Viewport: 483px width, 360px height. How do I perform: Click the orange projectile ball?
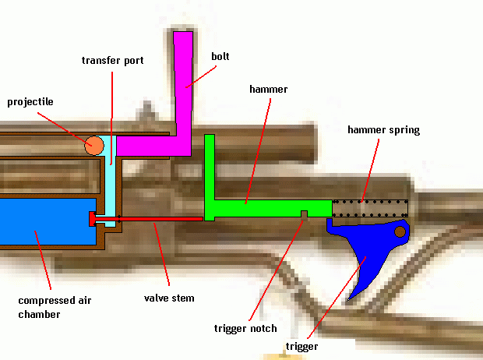pos(94,145)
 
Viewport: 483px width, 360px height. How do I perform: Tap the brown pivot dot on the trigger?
pos(400,231)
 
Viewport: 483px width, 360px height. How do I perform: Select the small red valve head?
pos(93,219)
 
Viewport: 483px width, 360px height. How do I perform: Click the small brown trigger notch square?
pos(305,214)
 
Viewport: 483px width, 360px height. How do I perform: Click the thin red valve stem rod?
pos(156,219)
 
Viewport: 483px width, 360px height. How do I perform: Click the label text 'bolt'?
pos(220,56)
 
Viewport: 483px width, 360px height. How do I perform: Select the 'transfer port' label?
pos(112,60)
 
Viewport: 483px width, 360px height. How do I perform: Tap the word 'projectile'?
pos(30,102)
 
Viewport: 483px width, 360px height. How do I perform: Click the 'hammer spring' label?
pos(383,130)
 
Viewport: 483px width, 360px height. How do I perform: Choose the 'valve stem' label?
pos(168,297)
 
